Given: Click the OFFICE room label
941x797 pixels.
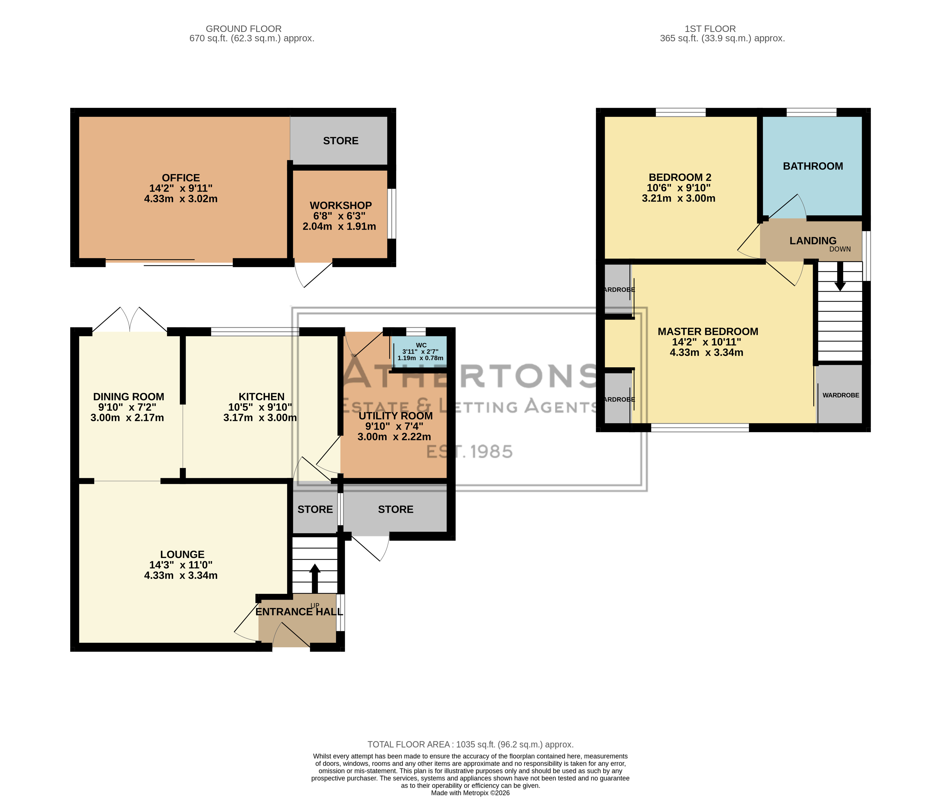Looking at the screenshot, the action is (x=181, y=178).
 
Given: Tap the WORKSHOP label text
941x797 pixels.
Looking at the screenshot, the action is (x=340, y=206).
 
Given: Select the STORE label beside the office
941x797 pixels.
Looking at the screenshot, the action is (x=340, y=141).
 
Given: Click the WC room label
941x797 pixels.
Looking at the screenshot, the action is (x=421, y=345).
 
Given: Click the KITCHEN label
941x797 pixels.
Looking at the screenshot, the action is (x=262, y=397).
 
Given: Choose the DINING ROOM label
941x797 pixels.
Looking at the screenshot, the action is (x=128, y=397).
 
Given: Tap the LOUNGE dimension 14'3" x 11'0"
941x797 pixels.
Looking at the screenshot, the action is (x=181, y=565).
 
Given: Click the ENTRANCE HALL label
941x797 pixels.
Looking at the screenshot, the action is (x=299, y=612).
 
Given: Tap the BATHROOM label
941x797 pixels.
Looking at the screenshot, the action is (x=813, y=166).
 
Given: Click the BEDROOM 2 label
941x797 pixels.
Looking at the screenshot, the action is (x=680, y=178).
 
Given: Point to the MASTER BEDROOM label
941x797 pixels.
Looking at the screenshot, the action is (x=708, y=332).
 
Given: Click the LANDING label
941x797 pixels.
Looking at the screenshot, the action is (x=813, y=241).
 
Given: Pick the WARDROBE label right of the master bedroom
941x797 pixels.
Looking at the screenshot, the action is (x=841, y=395).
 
